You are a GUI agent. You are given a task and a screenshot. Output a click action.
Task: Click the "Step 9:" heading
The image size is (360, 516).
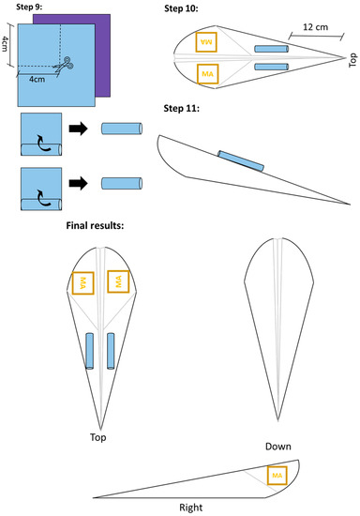coord(24,8)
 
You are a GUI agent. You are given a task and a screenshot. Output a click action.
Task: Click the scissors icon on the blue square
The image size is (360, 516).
coord(62,65)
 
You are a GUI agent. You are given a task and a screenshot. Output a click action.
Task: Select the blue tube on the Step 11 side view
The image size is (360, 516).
coord(242,160)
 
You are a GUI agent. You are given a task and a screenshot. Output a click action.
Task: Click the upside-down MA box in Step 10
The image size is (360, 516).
coord(206,41)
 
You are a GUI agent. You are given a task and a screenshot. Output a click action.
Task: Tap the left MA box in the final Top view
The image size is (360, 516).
coord(84,281)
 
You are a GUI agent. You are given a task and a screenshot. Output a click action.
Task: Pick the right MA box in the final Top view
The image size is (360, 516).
coord(117,280)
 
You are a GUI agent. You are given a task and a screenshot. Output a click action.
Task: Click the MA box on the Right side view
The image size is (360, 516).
coord(276,477)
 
